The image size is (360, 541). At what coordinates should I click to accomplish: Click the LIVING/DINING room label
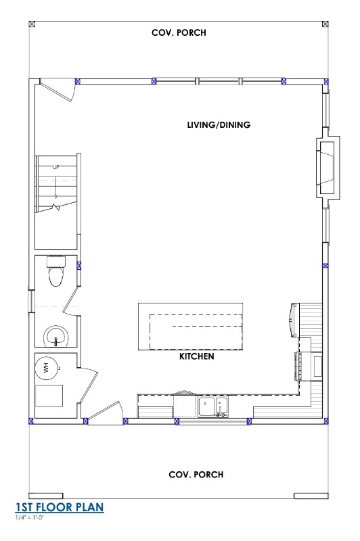[x=219, y=125]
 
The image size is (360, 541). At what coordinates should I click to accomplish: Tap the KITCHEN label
[x=197, y=356]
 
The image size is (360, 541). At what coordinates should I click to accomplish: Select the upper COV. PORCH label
[x=179, y=32]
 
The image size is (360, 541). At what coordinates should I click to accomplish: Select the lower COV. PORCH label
[x=196, y=475]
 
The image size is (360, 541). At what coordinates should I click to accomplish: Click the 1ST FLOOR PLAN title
[x=59, y=507]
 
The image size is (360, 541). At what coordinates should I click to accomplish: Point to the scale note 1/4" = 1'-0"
[x=29, y=517]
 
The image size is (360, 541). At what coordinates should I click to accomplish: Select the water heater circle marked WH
[x=47, y=367]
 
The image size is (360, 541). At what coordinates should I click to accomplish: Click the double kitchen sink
[x=213, y=406]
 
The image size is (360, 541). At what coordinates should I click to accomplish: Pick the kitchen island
[x=190, y=327]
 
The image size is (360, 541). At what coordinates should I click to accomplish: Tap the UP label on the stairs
[x=56, y=166]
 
